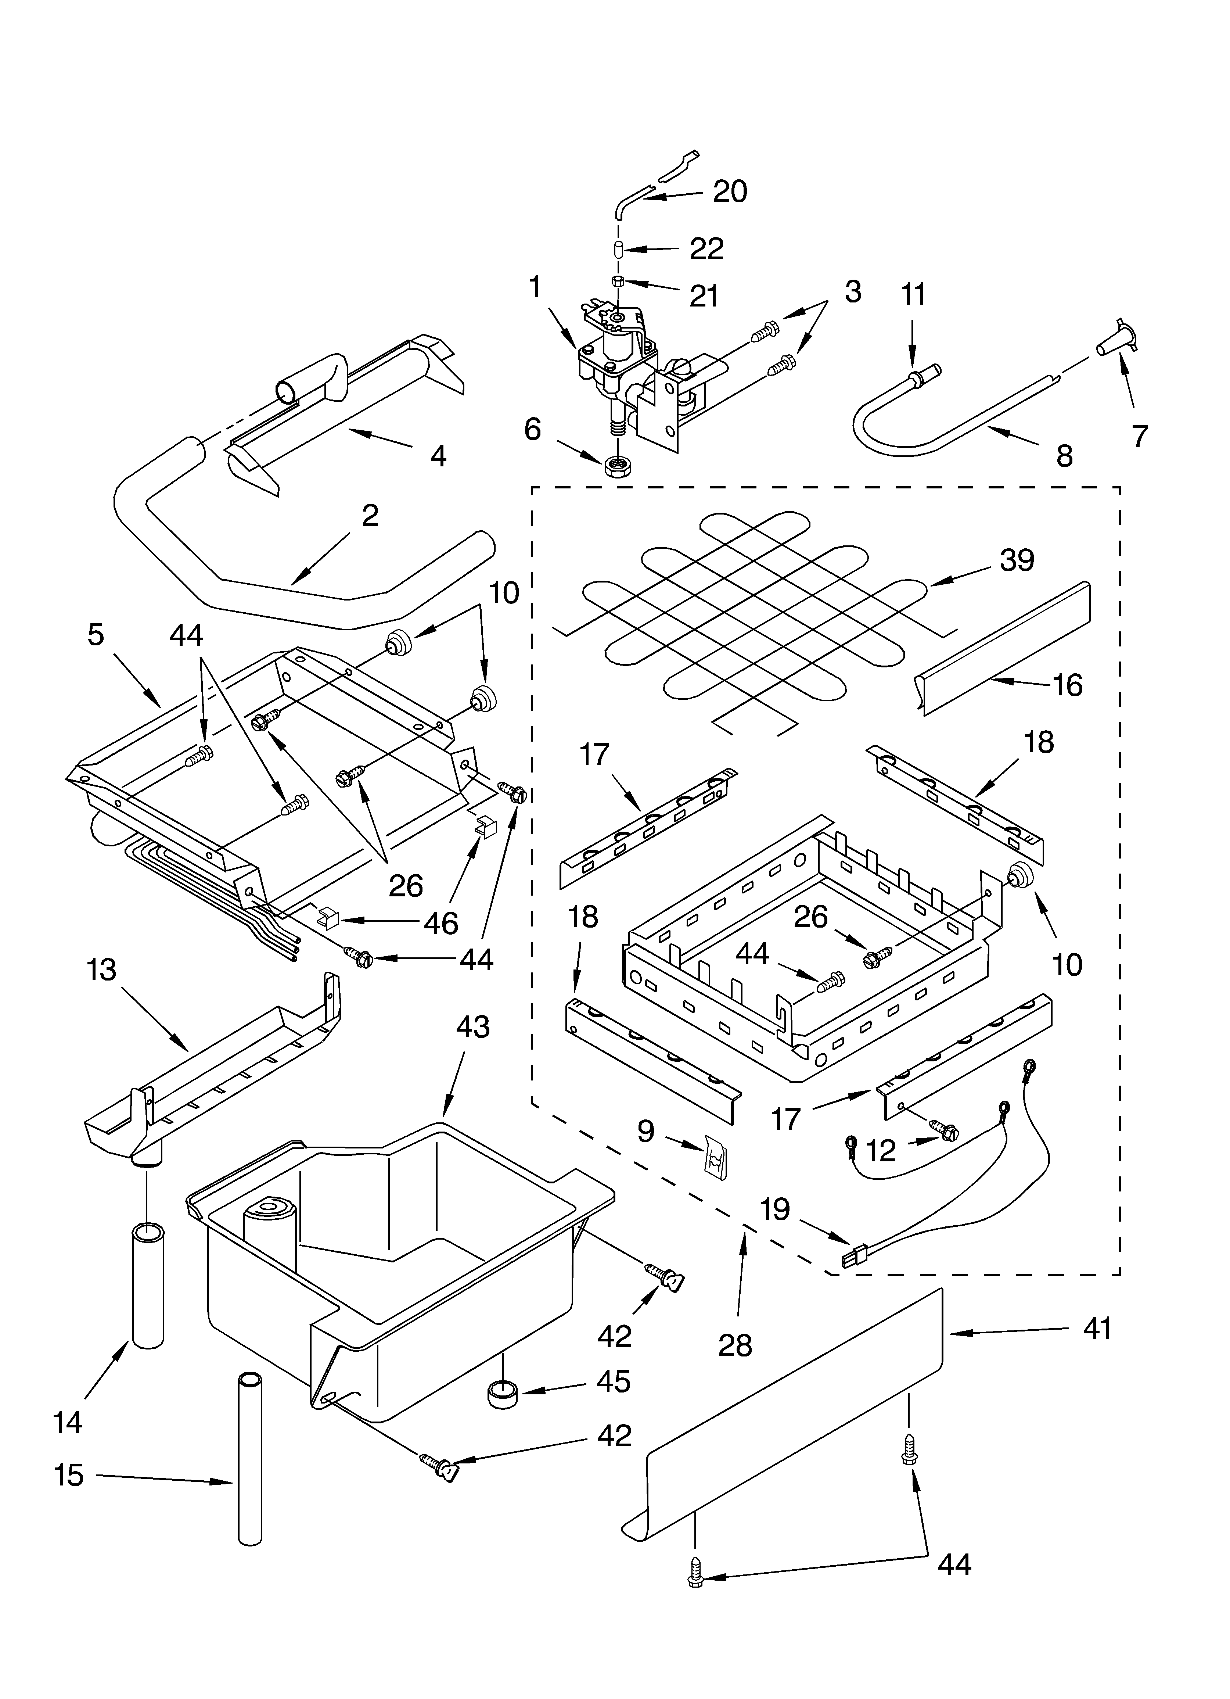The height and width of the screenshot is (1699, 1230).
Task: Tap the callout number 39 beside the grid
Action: coord(1017,560)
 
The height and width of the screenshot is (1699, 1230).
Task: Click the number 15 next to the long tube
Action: coord(69,1476)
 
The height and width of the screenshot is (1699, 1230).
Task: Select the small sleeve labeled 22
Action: coord(619,250)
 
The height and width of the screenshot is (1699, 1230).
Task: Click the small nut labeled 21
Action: coord(619,282)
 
